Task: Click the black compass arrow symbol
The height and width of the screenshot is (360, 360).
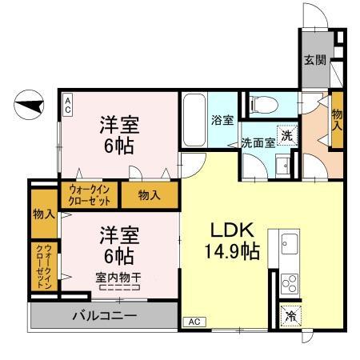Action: pos(30,104)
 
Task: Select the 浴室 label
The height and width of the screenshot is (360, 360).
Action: pos(222,120)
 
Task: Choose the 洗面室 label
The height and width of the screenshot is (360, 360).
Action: pos(258,142)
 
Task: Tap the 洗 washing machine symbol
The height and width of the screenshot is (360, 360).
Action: pos(286,135)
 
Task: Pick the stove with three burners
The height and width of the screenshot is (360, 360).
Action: pos(288,283)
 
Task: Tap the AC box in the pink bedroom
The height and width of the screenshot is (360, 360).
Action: pos(68,103)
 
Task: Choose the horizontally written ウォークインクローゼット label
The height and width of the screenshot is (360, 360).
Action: pos(89,194)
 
